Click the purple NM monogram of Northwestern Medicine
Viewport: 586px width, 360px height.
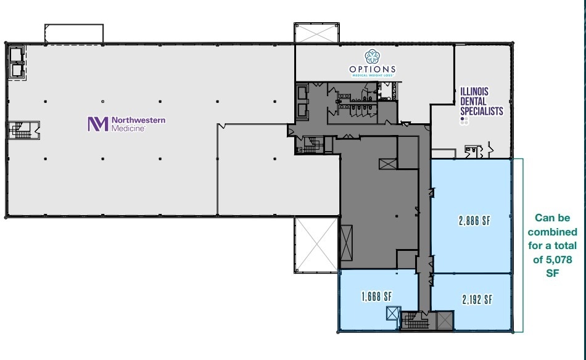[x=97, y=124]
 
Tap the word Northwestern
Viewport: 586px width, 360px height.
[x=138, y=120]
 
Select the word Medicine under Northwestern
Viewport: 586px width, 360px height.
[x=128, y=128]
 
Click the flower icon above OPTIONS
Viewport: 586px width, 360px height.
[x=372, y=57]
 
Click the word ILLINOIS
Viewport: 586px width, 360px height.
[x=474, y=91]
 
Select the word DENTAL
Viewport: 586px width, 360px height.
[x=473, y=101]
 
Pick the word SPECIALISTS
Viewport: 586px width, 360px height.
[x=482, y=112]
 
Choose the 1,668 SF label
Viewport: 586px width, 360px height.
[x=376, y=297]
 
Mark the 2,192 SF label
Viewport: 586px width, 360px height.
[x=477, y=300]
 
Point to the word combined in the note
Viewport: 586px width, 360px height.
[x=553, y=232]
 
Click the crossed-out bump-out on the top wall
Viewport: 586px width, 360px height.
[x=316, y=33]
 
